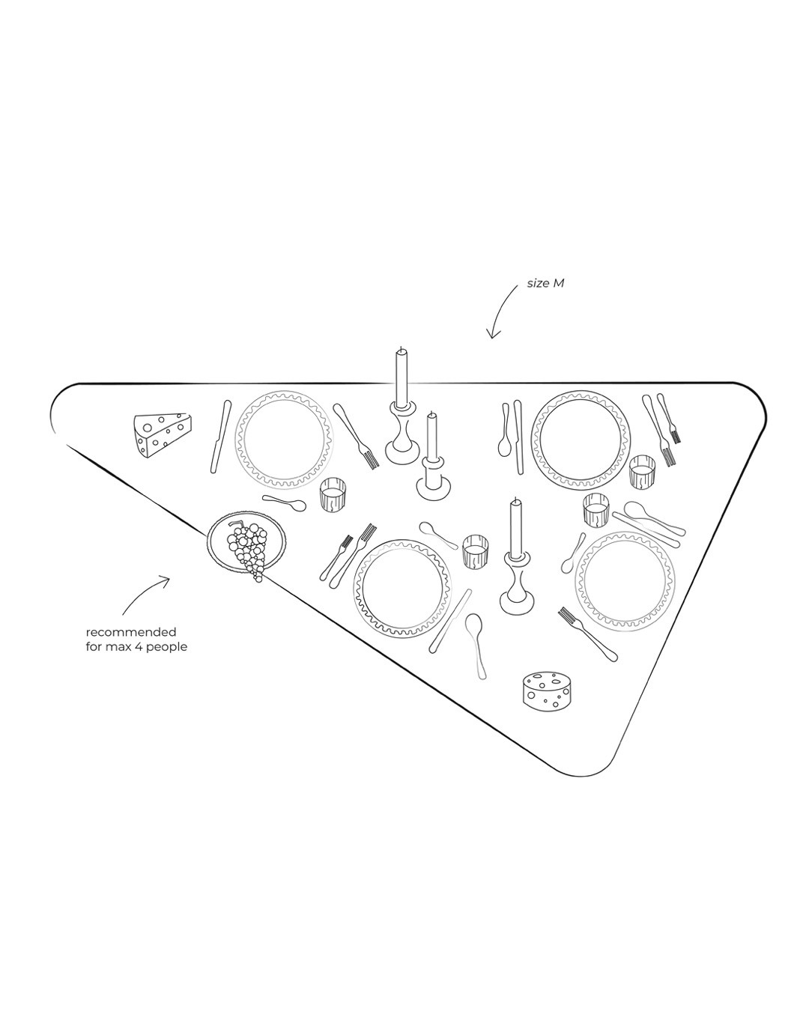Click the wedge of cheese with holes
click(163, 435)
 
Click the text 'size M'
click(545, 283)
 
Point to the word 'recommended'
click(130, 632)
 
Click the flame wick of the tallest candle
click(401, 349)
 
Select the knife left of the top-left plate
click(220, 437)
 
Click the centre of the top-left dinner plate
click(284, 440)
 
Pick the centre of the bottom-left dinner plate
click(402, 588)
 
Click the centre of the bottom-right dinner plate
click(625, 581)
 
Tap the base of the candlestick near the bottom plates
click(517, 602)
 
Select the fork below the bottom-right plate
click(587, 634)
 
